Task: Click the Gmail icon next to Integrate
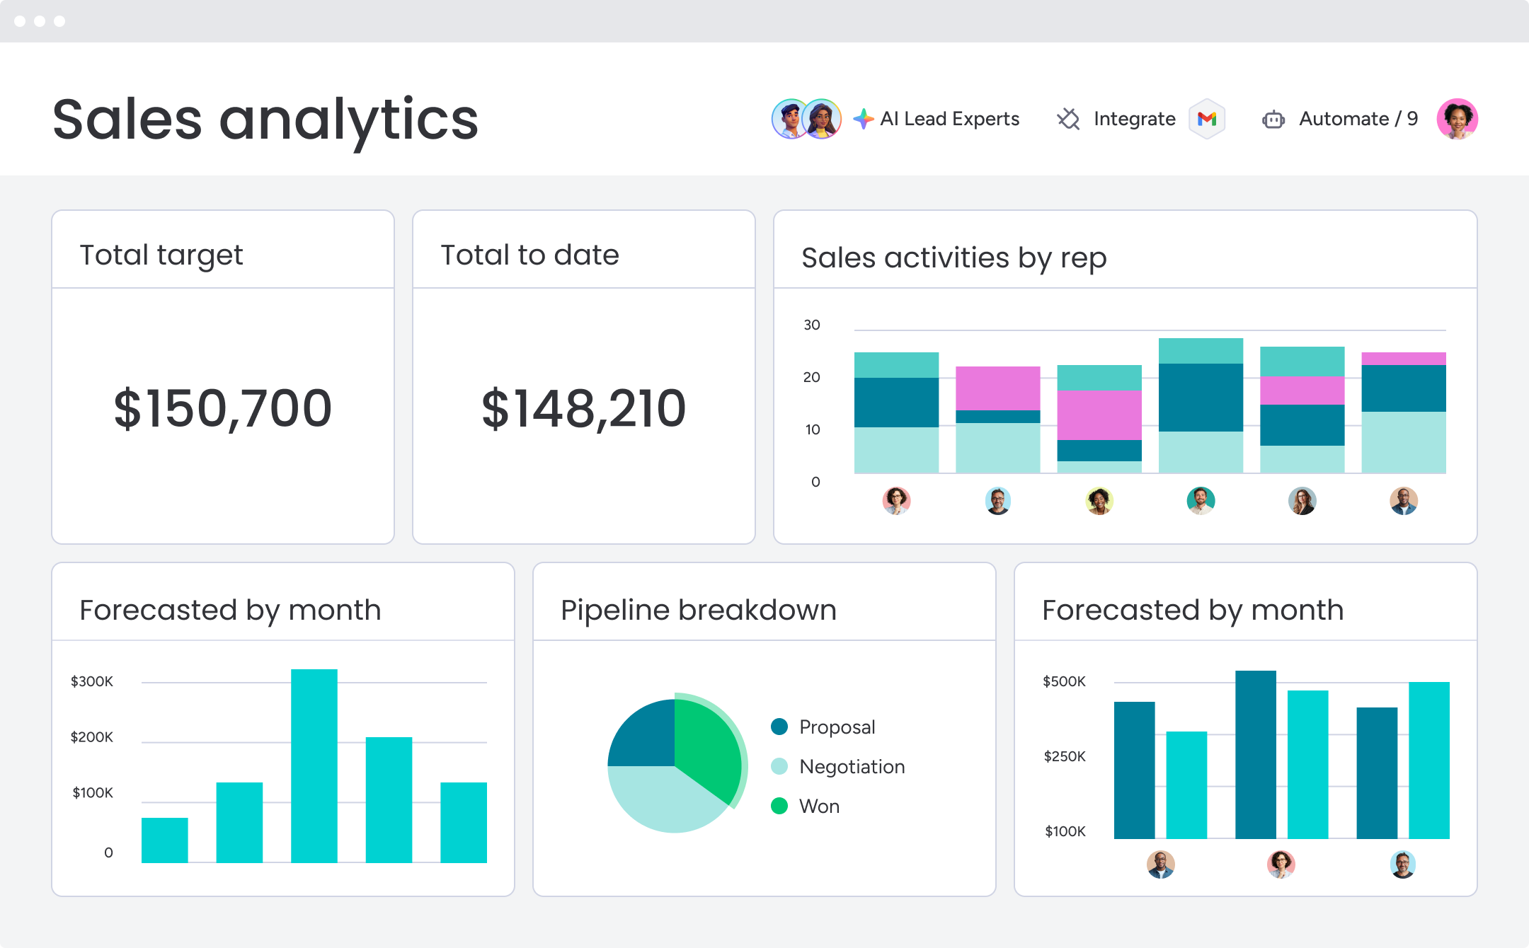(x=1207, y=119)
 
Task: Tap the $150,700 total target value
(x=222, y=408)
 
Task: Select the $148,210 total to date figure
(x=583, y=408)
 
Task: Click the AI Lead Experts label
(x=949, y=119)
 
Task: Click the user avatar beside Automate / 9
(x=1457, y=119)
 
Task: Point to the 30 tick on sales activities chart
(x=811, y=325)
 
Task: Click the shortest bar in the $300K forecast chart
(x=164, y=840)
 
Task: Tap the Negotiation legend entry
(x=852, y=767)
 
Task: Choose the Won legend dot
(x=779, y=806)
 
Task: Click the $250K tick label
(x=1064, y=756)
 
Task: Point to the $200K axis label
(x=91, y=737)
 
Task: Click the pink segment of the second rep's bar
(x=997, y=388)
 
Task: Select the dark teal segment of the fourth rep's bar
(x=1201, y=397)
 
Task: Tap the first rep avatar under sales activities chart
(x=896, y=501)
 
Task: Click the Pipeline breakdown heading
(x=698, y=610)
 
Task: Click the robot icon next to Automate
(x=1273, y=120)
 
